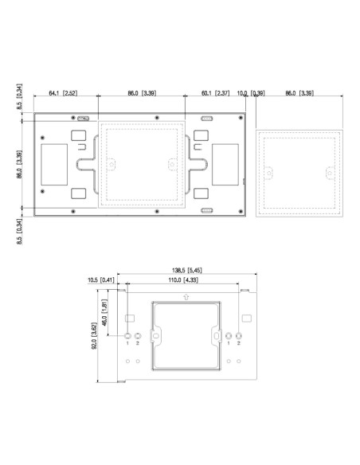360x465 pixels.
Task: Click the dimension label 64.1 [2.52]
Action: (x=65, y=94)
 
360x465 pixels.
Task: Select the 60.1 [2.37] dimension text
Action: (x=216, y=94)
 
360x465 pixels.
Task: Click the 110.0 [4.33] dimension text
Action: (x=184, y=281)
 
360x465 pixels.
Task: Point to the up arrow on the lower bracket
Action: (x=185, y=297)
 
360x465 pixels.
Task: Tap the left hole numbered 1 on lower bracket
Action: (x=127, y=337)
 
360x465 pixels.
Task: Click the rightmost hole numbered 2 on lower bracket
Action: (x=239, y=337)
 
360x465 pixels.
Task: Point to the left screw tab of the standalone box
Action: (x=268, y=173)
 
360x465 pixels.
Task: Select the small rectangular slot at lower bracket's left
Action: (x=128, y=318)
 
